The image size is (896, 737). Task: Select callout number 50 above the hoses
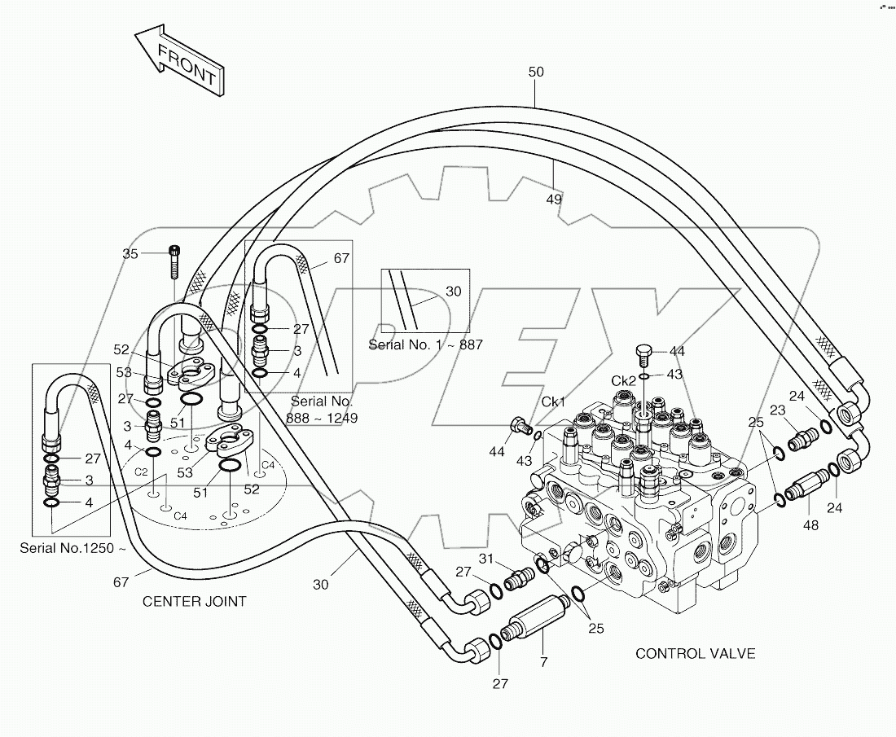point(535,72)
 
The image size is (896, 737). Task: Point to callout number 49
point(555,198)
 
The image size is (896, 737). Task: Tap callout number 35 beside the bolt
point(130,254)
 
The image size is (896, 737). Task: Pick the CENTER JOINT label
point(194,602)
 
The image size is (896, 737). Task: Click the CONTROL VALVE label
point(695,653)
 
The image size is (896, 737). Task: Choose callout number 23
point(777,411)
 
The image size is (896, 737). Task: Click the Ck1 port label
point(553,402)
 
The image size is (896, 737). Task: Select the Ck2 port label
point(624,381)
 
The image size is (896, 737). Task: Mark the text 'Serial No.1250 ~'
point(73,548)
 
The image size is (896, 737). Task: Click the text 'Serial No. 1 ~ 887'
point(426,344)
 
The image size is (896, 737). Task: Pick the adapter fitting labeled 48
point(809,489)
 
